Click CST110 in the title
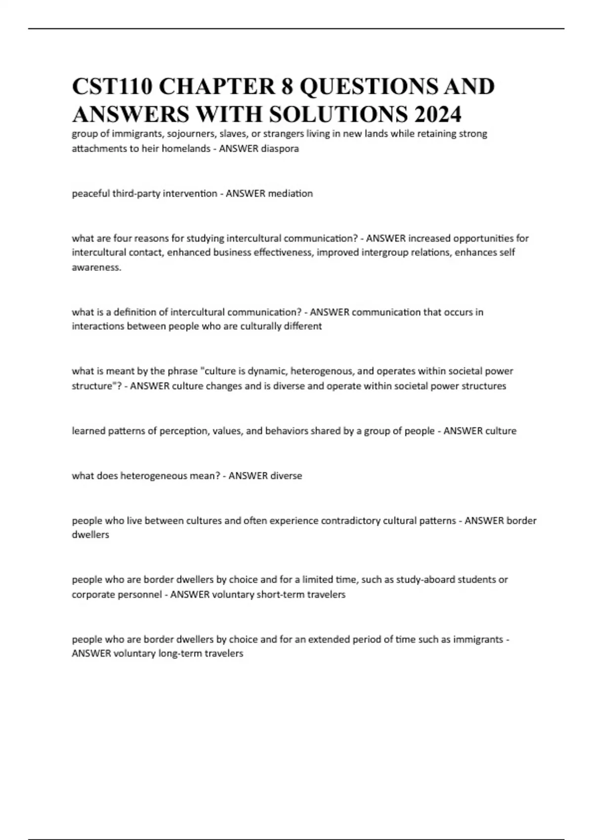[112, 86]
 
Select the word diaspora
[280, 148]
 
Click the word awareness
[96, 267]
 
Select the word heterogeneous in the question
[155, 476]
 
